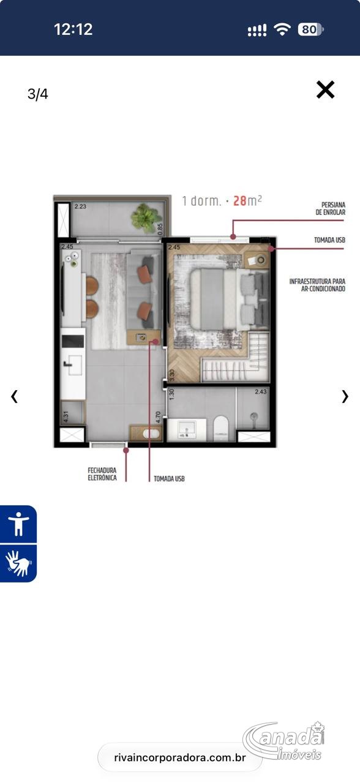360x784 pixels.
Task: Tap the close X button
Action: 325,89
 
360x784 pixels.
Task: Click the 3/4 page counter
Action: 38,94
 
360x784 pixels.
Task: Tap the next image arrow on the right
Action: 345,396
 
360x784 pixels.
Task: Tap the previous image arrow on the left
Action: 14,396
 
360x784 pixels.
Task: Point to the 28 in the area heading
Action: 240,201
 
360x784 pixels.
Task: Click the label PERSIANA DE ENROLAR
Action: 330,208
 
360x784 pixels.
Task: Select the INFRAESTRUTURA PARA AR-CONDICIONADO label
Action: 317,285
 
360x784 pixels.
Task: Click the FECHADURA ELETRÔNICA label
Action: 102,474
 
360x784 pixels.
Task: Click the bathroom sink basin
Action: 187,429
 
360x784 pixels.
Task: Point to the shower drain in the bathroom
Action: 254,416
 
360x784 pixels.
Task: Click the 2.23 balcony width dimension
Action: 80,206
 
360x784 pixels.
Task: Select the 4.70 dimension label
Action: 158,417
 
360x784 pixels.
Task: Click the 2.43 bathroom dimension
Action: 261,391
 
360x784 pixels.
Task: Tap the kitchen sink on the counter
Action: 74,365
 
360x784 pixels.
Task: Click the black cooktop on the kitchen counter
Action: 73,341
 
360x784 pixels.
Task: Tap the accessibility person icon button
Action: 18,524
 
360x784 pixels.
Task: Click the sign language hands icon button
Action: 18,563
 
